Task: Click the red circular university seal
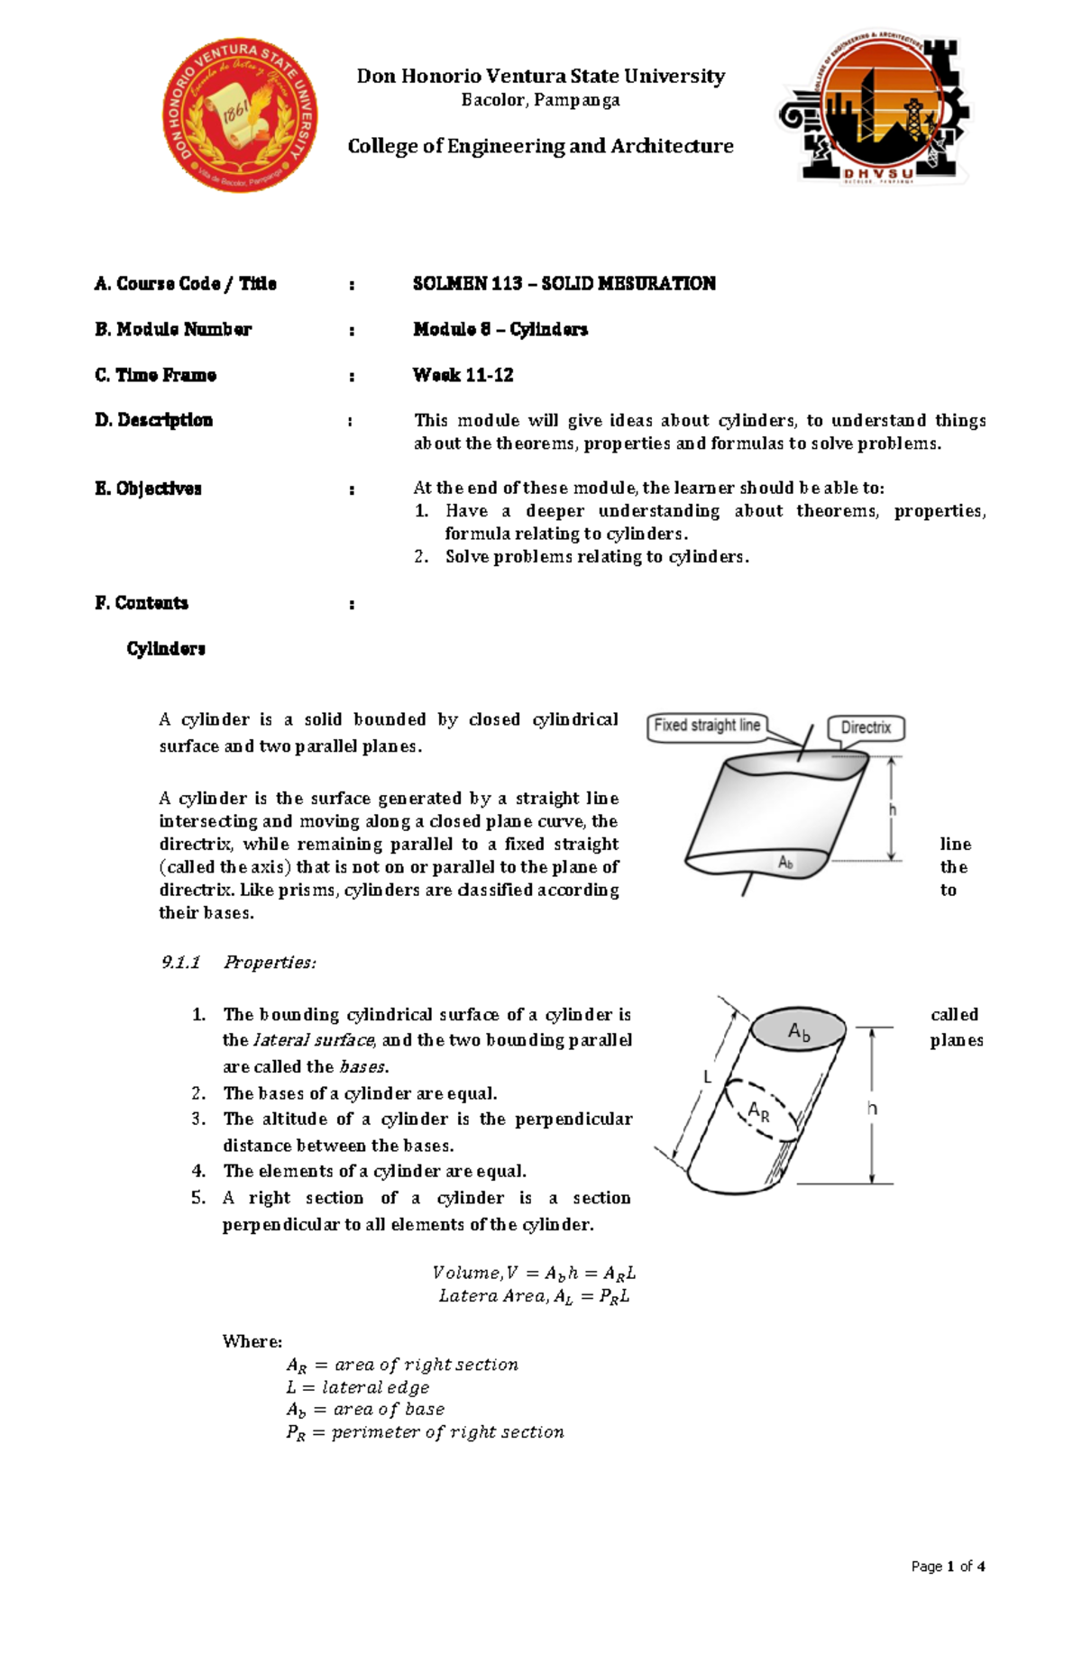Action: pos(240,114)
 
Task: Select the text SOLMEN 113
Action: pos(467,284)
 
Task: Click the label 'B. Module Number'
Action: pos(173,330)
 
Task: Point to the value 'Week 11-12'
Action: pos(463,375)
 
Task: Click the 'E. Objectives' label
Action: pos(148,489)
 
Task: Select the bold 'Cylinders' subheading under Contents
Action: pos(166,649)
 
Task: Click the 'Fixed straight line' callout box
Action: pos(707,726)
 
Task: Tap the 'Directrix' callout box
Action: pos(866,727)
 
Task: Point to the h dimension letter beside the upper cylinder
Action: pos(893,809)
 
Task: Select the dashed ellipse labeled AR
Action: pos(760,1110)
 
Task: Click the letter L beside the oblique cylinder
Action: pos(708,1077)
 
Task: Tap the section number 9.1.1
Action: pos(180,963)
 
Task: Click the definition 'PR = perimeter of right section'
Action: pos(425,1432)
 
